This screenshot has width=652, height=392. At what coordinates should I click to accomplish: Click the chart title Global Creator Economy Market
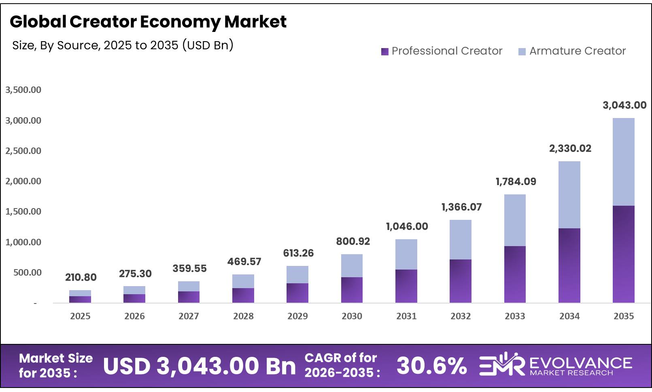[x=148, y=22]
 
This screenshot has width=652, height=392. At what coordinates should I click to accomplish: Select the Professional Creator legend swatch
[x=384, y=51]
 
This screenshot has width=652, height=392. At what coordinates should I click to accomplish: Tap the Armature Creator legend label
[x=577, y=51]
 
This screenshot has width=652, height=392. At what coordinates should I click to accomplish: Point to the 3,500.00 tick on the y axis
[x=23, y=90]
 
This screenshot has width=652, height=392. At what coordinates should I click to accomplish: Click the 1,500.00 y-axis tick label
[x=23, y=211]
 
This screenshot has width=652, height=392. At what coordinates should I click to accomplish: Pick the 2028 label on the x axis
[x=243, y=316]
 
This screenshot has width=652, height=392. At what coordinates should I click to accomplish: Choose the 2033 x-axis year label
[x=515, y=316]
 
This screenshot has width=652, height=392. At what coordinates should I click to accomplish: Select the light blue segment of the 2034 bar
[x=569, y=195]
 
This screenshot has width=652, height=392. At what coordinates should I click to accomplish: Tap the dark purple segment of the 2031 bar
[x=406, y=286]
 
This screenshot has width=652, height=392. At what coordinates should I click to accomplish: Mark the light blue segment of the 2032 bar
[x=460, y=240]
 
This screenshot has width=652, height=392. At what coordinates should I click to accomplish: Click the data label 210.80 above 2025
[x=81, y=277]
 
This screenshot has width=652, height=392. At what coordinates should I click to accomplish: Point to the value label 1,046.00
[x=407, y=226]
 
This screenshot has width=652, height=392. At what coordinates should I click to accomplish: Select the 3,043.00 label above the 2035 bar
[x=624, y=105]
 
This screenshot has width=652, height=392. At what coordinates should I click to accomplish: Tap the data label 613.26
[x=298, y=253]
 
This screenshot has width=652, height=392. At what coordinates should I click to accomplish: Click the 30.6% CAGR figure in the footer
[x=431, y=366]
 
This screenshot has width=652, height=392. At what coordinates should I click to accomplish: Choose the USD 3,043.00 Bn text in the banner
[x=200, y=366]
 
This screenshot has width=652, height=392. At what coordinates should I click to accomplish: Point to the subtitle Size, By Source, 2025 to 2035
[x=123, y=45]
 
